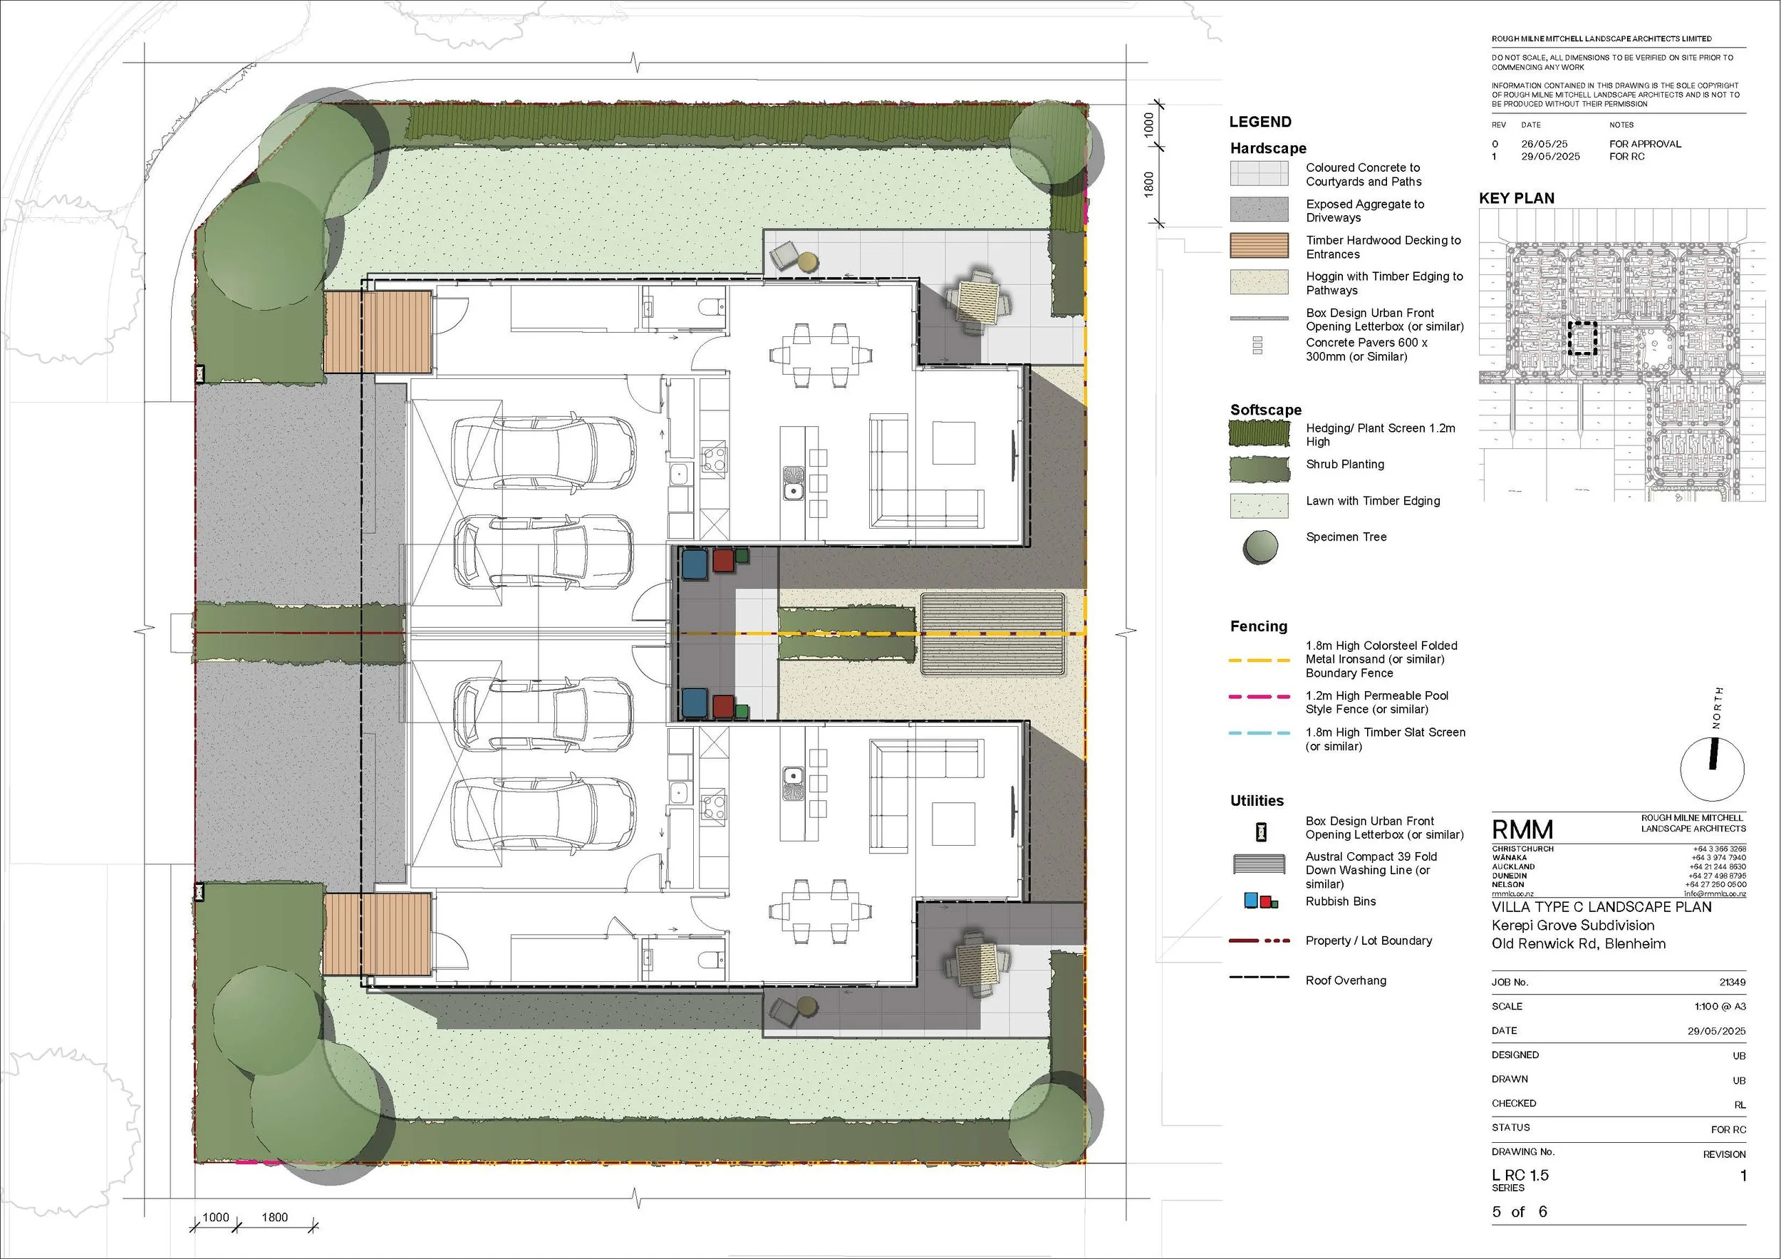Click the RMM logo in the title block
1522,830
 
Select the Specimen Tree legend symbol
1259,547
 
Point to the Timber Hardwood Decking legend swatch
1259,246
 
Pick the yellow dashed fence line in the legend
1259,660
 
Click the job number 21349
1732,982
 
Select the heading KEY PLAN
1517,199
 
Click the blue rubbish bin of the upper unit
695,563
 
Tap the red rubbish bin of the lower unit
722,705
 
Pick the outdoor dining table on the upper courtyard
975,299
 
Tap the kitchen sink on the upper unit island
793,481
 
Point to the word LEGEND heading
1260,122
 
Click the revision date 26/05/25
1543,143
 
